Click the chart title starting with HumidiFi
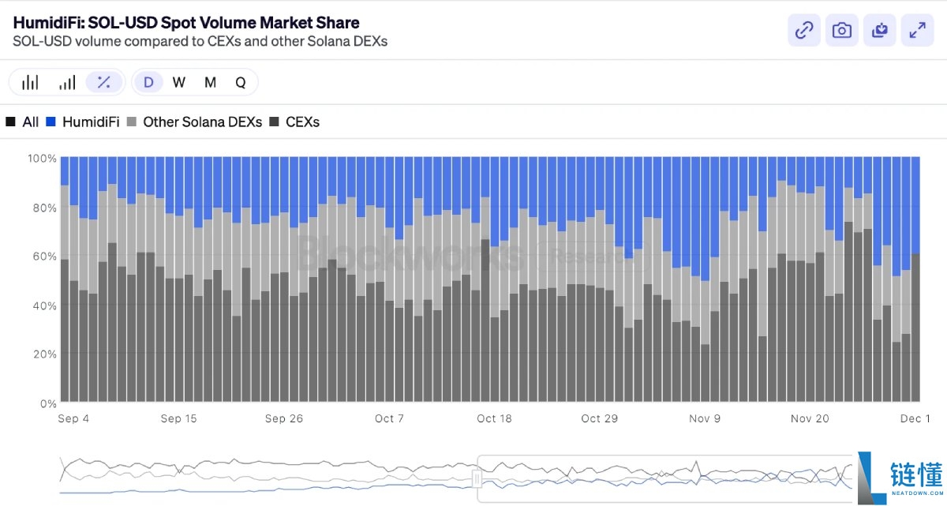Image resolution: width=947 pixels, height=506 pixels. [186, 23]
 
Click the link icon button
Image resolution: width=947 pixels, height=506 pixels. [804, 30]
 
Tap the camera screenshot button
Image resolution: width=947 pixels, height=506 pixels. [842, 30]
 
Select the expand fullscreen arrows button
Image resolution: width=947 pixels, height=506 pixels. [918, 30]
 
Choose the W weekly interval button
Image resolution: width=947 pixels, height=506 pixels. [179, 82]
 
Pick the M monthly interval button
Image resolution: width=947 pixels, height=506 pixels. [210, 82]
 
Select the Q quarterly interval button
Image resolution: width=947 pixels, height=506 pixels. [241, 82]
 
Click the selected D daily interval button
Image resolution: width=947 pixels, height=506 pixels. [148, 82]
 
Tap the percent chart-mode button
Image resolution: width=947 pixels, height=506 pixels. [104, 82]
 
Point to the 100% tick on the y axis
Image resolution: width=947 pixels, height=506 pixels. [42, 159]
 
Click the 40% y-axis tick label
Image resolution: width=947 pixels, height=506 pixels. [44, 305]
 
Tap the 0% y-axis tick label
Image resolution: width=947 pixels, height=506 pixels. [47, 403]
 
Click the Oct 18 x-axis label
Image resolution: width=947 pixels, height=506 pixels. [494, 418]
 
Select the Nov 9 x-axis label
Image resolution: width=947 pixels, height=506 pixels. [706, 418]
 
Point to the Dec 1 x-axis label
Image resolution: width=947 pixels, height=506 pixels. [915, 418]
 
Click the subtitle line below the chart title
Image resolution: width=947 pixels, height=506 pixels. [200, 41]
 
